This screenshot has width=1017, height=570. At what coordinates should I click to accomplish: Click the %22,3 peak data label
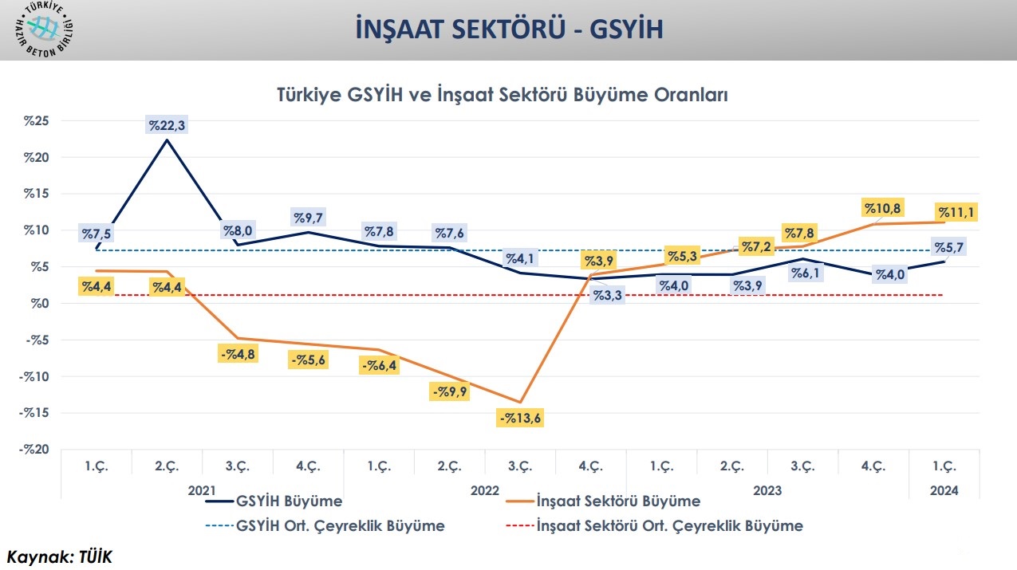[x=166, y=124]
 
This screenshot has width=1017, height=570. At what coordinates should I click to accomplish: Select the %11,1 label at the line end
[x=957, y=212]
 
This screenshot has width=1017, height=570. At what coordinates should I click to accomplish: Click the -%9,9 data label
[x=449, y=391]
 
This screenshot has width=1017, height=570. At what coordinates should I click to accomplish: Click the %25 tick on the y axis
[x=37, y=121]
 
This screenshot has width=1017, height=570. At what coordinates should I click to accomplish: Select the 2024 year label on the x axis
[x=944, y=491]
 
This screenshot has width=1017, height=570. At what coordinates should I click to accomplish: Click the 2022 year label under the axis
[x=485, y=491]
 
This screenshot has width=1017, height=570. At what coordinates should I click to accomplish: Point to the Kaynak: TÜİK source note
[x=60, y=556]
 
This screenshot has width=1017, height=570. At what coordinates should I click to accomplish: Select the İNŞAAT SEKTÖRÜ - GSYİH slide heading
[x=509, y=29]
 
